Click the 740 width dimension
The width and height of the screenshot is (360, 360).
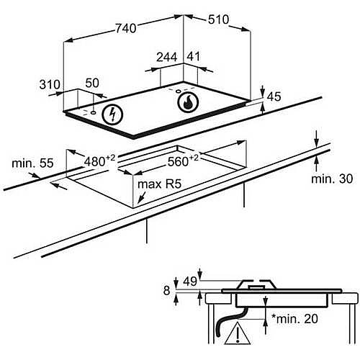click(x=126, y=28)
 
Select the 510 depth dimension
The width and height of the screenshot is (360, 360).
click(x=218, y=19)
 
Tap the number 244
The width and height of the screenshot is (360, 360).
click(x=167, y=58)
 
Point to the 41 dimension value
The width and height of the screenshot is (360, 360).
click(x=193, y=56)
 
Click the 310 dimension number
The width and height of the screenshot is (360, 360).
click(x=50, y=85)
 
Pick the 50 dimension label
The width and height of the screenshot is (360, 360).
click(x=92, y=83)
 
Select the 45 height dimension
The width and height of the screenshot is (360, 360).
click(x=274, y=96)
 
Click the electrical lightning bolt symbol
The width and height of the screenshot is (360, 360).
click(x=112, y=114)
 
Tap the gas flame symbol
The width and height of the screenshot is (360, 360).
click(x=188, y=102)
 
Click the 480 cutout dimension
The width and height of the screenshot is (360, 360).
click(x=99, y=161)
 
